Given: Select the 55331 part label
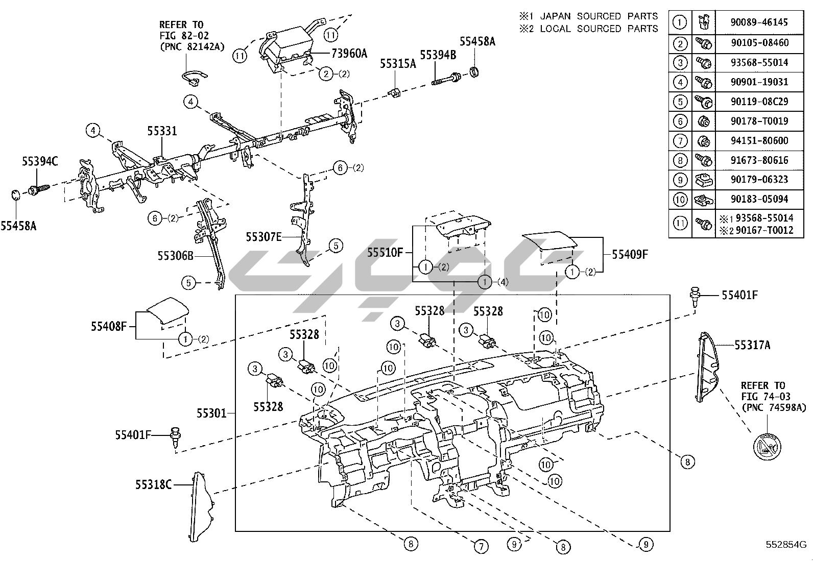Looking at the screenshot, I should click(x=162, y=131).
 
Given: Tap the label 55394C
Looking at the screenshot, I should click(x=40, y=162).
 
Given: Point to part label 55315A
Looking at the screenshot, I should click(x=397, y=64).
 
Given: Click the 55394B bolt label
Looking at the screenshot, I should click(x=438, y=55).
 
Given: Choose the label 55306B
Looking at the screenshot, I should click(x=175, y=255).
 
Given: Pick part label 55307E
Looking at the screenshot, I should click(x=264, y=237).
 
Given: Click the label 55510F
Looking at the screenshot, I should click(x=386, y=252).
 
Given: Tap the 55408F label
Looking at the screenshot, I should click(x=109, y=326).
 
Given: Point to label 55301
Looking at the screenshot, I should click(x=211, y=412).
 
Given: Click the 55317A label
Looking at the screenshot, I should click(x=752, y=345).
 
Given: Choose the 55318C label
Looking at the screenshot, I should click(x=153, y=484).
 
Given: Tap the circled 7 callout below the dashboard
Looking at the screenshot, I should click(x=481, y=546).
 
